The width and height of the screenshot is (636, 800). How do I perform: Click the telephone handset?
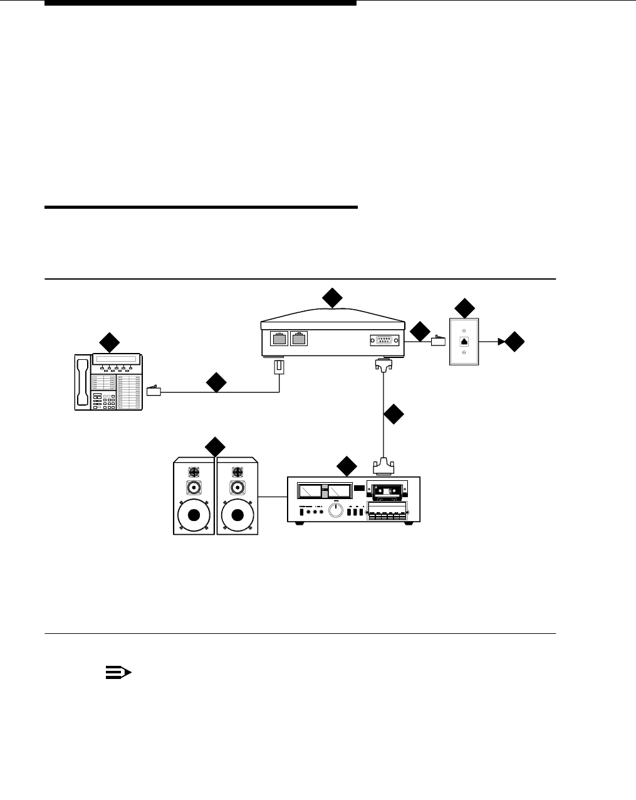(x=83, y=382)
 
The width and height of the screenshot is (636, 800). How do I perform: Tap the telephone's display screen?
(x=117, y=359)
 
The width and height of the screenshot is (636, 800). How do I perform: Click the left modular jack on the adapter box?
(x=279, y=339)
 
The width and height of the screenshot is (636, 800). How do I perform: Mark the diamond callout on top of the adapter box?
(x=332, y=298)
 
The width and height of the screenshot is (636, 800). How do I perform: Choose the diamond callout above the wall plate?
(x=464, y=308)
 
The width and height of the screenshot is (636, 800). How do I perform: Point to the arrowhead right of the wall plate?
(x=501, y=342)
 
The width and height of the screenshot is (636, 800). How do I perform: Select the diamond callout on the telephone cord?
(x=216, y=382)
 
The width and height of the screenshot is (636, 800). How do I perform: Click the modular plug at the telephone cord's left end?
(x=154, y=392)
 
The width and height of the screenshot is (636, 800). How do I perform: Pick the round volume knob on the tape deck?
(x=336, y=511)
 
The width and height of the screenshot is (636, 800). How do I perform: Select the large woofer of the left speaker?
(x=194, y=515)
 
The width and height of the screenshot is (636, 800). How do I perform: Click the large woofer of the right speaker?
(x=237, y=515)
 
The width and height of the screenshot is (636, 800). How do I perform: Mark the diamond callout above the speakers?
(x=215, y=446)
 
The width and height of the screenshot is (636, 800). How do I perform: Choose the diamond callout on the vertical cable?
(x=393, y=414)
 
